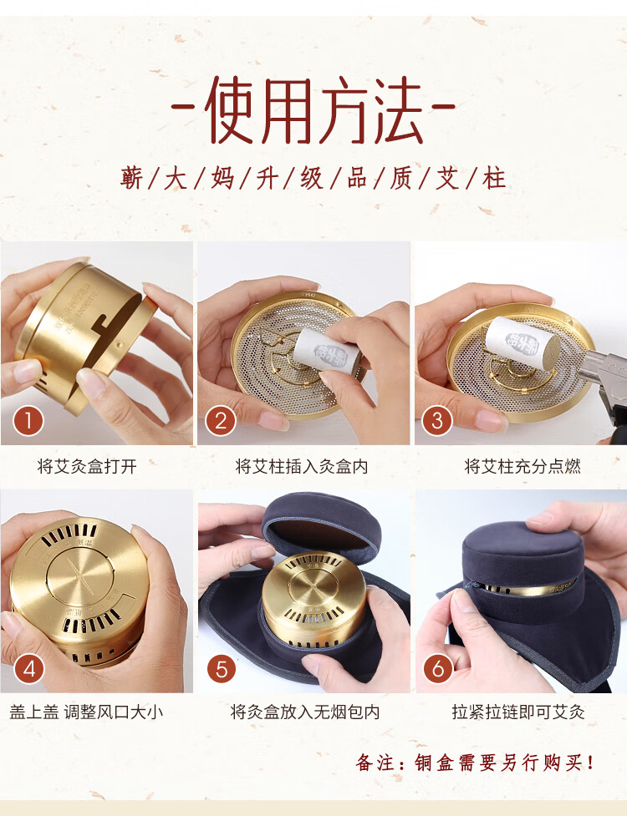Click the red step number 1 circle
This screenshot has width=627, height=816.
click(28, 421)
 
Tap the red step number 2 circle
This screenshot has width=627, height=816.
click(221, 421)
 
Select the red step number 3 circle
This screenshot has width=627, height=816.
click(437, 421)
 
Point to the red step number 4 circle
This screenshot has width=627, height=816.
click(29, 669)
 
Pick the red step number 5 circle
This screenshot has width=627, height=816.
click(222, 669)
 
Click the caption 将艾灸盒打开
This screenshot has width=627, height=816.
click(87, 466)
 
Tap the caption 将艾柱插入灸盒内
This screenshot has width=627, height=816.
click(302, 466)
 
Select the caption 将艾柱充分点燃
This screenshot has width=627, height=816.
click(522, 466)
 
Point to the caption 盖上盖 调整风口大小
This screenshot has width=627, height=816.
click(86, 712)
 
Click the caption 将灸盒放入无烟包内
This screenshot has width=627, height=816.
click(305, 712)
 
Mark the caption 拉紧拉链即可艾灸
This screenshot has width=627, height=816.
click(518, 712)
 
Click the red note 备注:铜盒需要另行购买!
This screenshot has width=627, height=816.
click(475, 763)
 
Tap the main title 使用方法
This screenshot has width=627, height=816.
click(313, 110)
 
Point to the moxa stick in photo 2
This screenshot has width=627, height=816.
click(327, 351)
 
